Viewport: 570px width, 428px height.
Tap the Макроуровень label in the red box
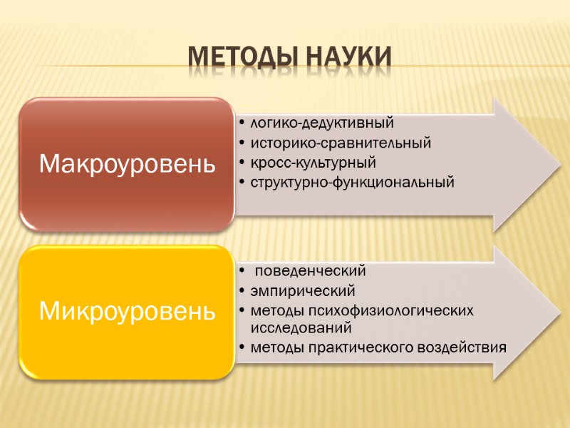[x=128, y=164]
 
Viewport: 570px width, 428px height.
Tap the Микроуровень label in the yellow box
[x=128, y=311]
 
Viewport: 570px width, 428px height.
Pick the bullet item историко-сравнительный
[x=341, y=143]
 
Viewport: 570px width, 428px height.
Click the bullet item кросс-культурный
[x=313, y=163]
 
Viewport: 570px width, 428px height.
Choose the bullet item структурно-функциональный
[x=352, y=183]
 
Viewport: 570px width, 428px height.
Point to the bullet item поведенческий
[x=310, y=271]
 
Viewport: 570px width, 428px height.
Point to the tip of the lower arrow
[x=549, y=312]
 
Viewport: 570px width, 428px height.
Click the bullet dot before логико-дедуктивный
[x=243, y=124]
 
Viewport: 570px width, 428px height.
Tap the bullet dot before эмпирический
[x=243, y=291]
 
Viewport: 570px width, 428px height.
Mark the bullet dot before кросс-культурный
[x=243, y=163]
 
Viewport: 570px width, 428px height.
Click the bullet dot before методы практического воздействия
[x=243, y=348]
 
